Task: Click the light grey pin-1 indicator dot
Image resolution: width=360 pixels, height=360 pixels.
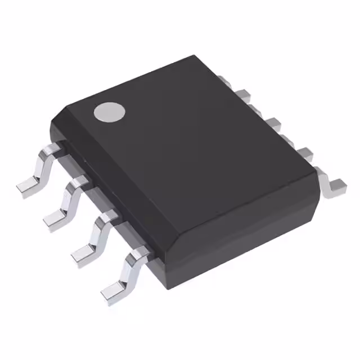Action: click(x=109, y=112)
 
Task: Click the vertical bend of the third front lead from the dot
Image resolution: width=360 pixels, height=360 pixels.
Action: click(x=98, y=231)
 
